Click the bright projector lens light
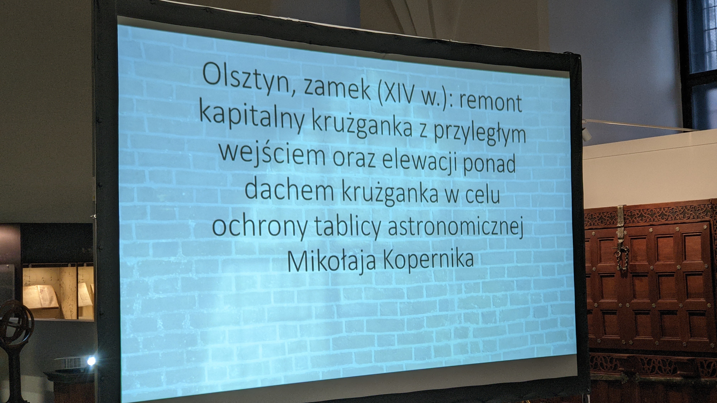tap(91, 361)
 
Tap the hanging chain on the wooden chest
tap(622, 257)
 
